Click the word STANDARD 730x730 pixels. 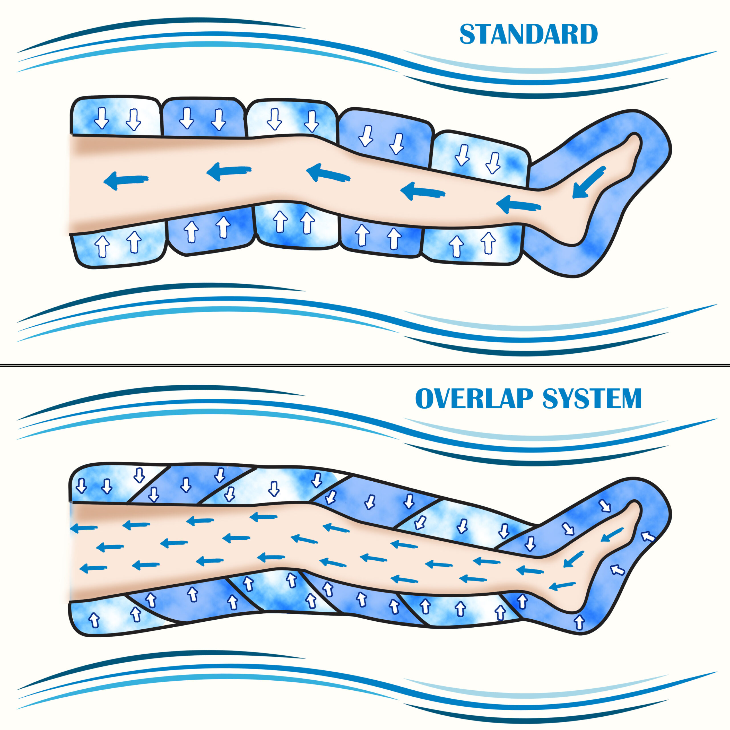click(x=528, y=34)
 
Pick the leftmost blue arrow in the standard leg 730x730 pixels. click(x=126, y=180)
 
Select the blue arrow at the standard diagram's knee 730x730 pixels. click(x=328, y=173)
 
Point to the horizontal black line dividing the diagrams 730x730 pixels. click(x=365, y=365)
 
